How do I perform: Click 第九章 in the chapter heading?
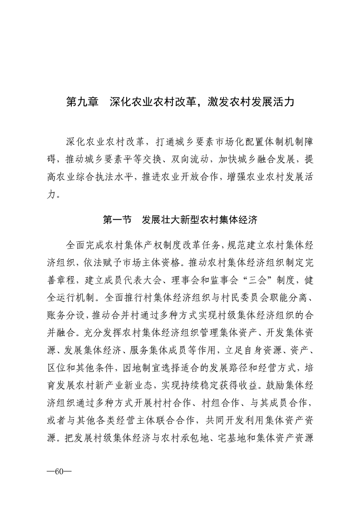coord(82,101)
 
